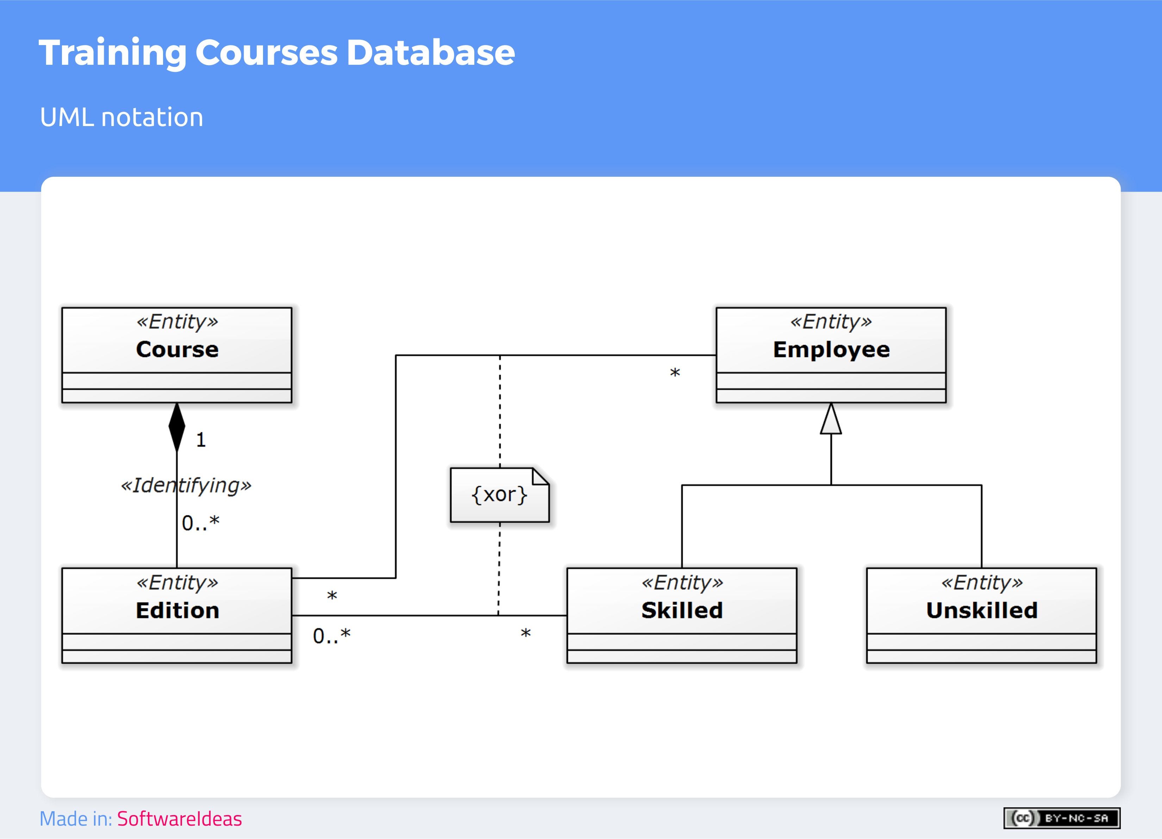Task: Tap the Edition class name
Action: click(x=177, y=611)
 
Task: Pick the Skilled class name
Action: click(x=682, y=611)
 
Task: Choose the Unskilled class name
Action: click(x=982, y=611)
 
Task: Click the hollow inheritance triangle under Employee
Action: click(x=831, y=420)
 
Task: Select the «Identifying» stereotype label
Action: click(x=186, y=486)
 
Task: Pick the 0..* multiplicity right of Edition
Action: click(x=331, y=636)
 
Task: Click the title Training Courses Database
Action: click(x=277, y=53)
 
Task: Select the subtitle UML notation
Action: click(x=121, y=117)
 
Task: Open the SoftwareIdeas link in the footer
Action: click(x=179, y=819)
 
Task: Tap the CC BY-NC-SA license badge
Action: click(x=1062, y=818)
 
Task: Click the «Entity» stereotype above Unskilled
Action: click(x=982, y=582)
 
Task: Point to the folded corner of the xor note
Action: click(x=541, y=476)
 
